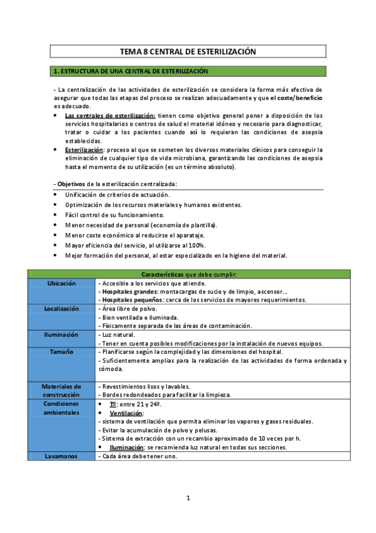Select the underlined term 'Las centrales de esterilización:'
pos(110,116)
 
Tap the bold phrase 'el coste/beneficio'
pos(296,99)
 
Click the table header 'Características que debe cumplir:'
pos(188,274)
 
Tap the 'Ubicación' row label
pos(62,283)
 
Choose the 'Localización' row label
pos(62,309)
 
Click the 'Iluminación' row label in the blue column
pos(62,335)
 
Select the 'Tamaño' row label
pos(62,351)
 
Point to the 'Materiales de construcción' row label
pos(62,390)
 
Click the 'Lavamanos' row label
pos(62,456)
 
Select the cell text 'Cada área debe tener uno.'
pos(138,456)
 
